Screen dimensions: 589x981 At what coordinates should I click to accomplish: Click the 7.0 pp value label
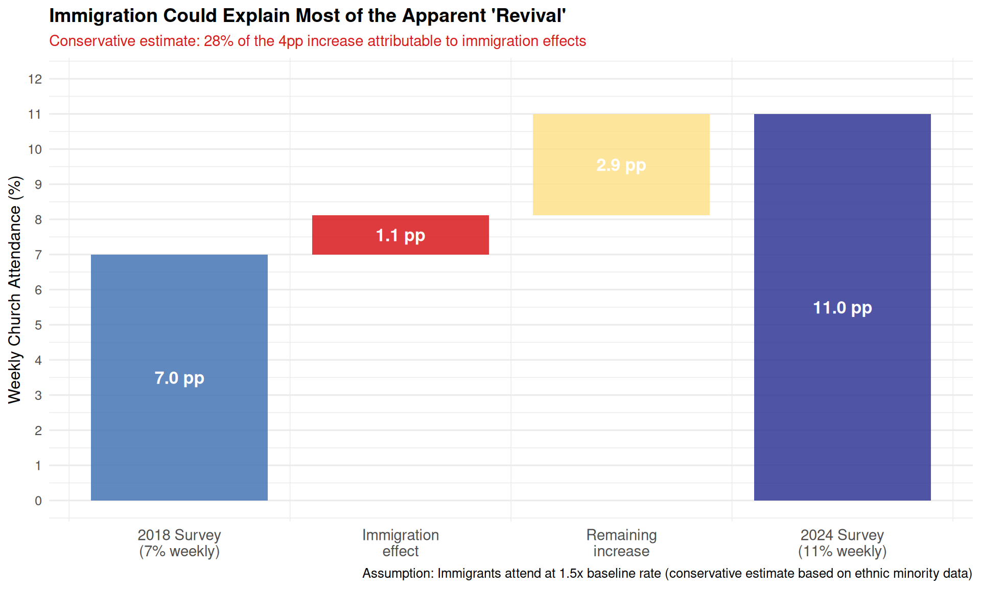pyautogui.click(x=179, y=378)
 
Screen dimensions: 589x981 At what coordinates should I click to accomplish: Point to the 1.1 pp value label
pyautogui.click(x=400, y=236)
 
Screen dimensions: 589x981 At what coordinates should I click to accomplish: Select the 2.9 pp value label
pyautogui.click(x=621, y=165)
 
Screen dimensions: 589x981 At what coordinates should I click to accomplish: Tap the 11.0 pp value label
pyautogui.click(x=842, y=308)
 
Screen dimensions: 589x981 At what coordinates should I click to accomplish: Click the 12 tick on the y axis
pyautogui.click(x=35, y=79)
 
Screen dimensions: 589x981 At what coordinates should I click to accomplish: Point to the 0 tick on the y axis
pyautogui.click(x=38, y=501)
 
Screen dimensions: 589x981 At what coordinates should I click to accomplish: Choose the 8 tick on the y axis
pyautogui.click(x=38, y=220)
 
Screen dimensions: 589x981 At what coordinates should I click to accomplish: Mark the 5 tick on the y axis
pyautogui.click(x=38, y=325)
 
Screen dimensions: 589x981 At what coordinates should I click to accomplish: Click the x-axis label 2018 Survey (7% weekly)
pyautogui.click(x=179, y=543)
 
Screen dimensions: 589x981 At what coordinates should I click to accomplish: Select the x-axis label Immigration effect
pyautogui.click(x=400, y=543)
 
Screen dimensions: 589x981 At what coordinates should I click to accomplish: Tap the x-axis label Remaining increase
pyautogui.click(x=621, y=543)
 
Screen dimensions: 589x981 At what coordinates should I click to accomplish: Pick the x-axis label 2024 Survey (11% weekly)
pyautogui.click(x=842, y=543)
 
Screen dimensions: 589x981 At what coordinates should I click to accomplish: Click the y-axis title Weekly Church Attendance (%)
pyautogui.click(x=15, y=289)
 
